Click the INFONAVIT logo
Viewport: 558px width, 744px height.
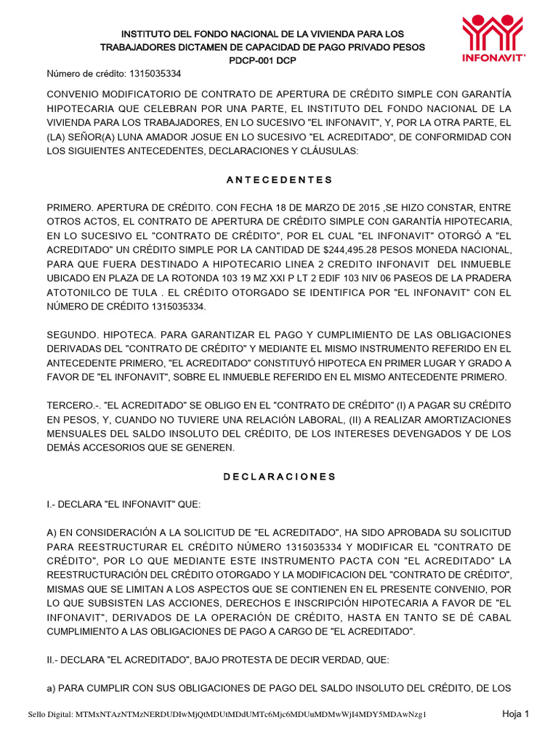point(493,37)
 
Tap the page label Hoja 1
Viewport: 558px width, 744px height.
point(516,713)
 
